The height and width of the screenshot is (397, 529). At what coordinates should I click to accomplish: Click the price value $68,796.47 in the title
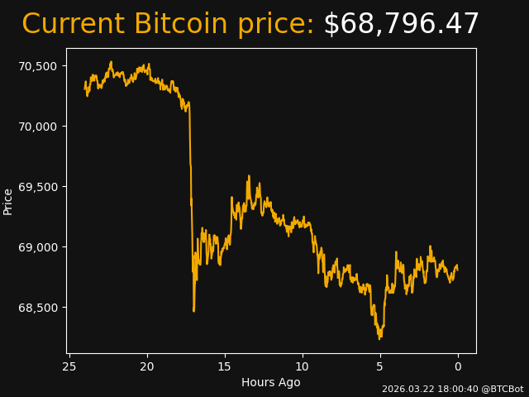point(401,25)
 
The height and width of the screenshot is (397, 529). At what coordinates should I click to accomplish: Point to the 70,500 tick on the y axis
point(39,66)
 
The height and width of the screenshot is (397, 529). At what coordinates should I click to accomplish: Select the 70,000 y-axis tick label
point(39,127)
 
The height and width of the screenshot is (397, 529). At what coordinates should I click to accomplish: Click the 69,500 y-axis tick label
point(39,187)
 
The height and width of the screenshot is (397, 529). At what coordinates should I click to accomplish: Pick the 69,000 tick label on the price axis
point(39,247)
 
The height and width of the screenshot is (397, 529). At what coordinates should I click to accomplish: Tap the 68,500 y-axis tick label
point(39,308)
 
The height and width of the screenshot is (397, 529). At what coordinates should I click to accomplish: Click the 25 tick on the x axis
point(69,366)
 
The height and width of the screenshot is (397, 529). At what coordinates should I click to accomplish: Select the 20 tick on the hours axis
point(147,366)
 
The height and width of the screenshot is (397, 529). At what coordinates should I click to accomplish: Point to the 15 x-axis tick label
point(225,366)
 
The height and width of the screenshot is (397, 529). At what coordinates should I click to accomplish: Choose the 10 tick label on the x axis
point(303,366)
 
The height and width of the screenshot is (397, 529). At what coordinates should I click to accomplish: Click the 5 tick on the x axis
point(380,366)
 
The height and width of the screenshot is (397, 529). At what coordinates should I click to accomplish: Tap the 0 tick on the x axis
point(458,366)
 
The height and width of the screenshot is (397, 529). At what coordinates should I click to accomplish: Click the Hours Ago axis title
point(270,382)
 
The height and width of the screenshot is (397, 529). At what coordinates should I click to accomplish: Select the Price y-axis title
point(8,201)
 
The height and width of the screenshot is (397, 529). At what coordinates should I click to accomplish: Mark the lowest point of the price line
point(379,338)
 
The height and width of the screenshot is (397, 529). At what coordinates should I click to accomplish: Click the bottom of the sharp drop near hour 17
point(193,311)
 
